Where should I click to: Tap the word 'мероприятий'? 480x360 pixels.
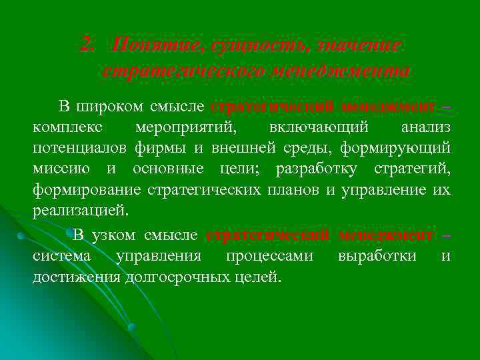[184, 127]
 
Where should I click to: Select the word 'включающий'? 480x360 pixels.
[307, 127]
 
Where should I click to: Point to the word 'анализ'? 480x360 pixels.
[425, 127]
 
